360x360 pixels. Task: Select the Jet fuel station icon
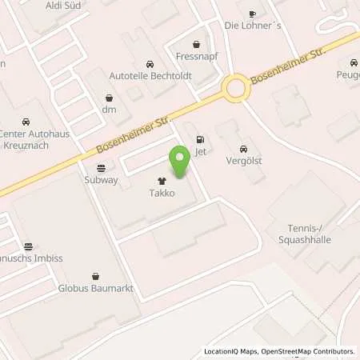click(198, 138)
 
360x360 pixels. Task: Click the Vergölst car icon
click(242, 150)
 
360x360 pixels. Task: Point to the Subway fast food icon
click(101, 168)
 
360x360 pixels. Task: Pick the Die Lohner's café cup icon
click(252, 14)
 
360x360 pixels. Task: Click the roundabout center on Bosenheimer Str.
click(236, 88)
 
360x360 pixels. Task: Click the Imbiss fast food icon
click(29, 246)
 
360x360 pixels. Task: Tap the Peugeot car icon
click(353, 62)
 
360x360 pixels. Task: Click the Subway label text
click(101, 180)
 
